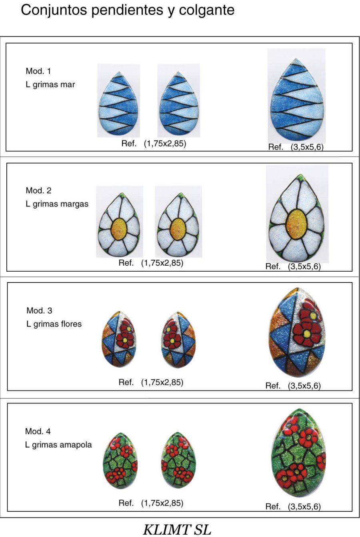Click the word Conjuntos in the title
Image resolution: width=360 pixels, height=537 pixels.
[x=54, y=10]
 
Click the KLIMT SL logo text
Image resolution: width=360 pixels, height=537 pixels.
[x=177, y=529]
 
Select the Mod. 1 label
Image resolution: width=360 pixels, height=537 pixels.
[x=38, y=71]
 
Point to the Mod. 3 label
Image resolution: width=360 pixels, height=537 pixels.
[x=39, y=311]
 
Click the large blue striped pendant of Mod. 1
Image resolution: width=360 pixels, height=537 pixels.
[x=297, y=100]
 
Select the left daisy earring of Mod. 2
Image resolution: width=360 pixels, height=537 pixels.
[x=119, y=224]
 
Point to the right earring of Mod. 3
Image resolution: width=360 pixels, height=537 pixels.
[x=178, y=340]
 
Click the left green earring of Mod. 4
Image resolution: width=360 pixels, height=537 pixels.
[x=120, y=460]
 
